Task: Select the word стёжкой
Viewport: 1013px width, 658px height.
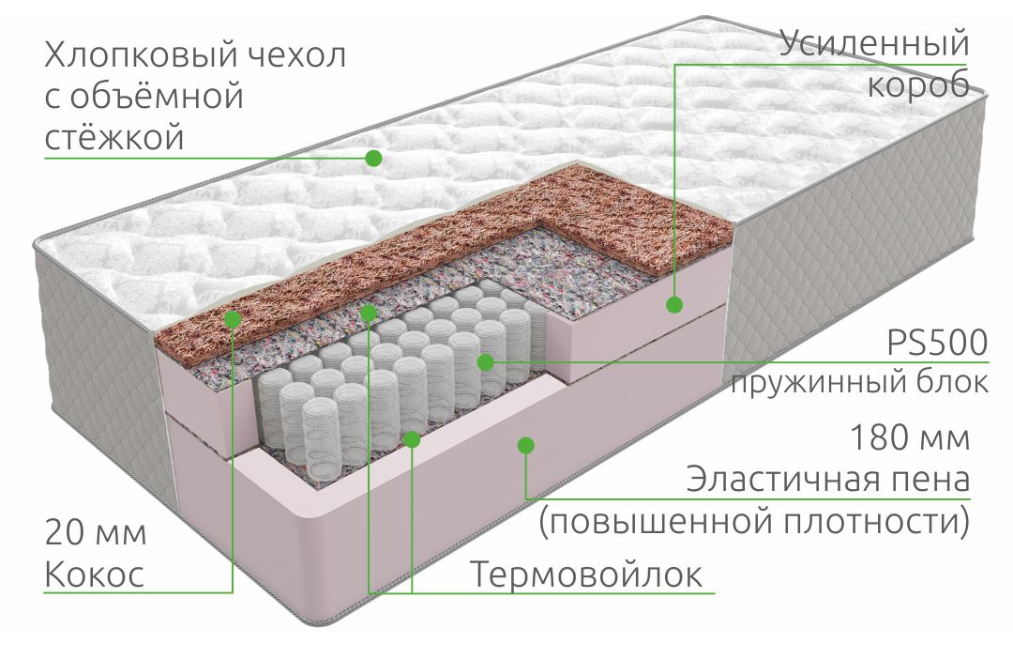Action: (x=114, y=136)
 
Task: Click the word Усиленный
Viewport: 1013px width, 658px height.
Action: (x=874, y=42)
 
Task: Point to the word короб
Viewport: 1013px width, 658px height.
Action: (x=918, y=84)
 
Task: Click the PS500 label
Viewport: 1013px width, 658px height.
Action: (x=937, y=342)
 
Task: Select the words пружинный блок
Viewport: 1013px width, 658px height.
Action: (x=860, y=383)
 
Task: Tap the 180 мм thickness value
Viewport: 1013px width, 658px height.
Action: (x=910, y=437)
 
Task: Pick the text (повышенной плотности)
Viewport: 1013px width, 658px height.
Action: (x=754, y=521)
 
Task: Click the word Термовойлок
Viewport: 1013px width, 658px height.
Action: (x=586, y=574)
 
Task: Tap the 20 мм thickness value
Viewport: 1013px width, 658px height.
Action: (x=96, y=533)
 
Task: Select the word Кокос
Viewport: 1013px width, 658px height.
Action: (x=95, y=574)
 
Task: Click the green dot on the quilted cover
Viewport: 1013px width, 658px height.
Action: (x=373, y=158)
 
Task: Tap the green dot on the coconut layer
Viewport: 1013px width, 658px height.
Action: (x=233, y=318)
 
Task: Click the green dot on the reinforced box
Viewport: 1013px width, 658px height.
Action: (x=674, y=304)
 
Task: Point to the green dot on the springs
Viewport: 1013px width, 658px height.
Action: (x=486, y=362)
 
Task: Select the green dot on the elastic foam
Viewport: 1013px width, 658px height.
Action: (x=526, y=445)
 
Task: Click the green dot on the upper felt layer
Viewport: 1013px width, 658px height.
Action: (x=369, y=314)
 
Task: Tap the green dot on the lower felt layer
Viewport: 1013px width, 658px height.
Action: (x=412, y=440)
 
